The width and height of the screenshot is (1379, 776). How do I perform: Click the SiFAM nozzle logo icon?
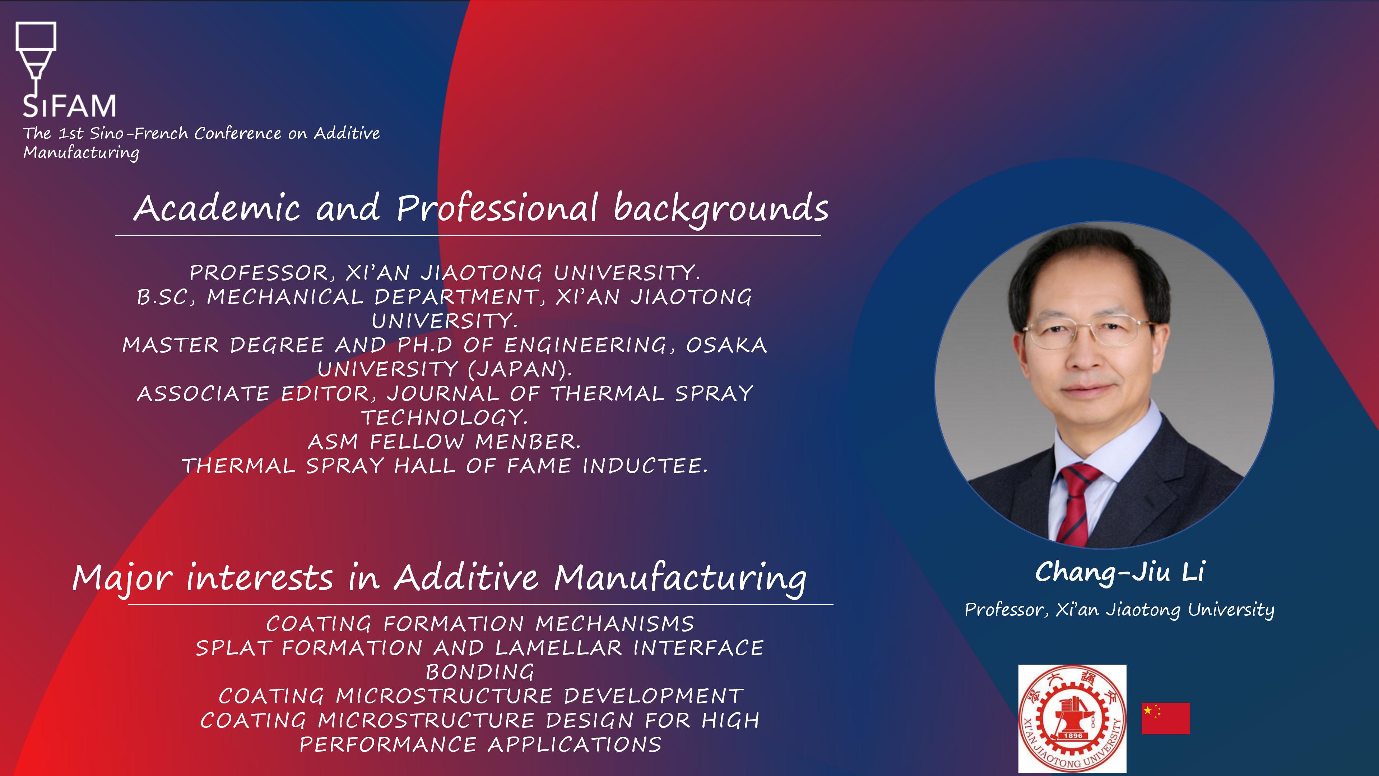coord(36,59)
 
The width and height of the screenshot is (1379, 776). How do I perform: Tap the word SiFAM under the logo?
coord(69,106)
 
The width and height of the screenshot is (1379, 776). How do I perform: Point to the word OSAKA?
coord(726,345)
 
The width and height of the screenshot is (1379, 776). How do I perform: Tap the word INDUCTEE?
coord(645,466)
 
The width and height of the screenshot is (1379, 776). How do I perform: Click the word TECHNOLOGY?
coord(444,418)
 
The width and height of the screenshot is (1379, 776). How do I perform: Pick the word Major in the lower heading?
coord(123,579)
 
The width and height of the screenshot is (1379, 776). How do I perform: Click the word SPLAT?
coord(233,648)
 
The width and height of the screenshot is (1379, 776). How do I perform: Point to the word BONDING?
coord(480,673)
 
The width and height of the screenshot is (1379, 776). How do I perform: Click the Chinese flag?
coord(1165,718)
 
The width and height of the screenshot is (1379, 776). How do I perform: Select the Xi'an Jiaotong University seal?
coord(1072,718)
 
